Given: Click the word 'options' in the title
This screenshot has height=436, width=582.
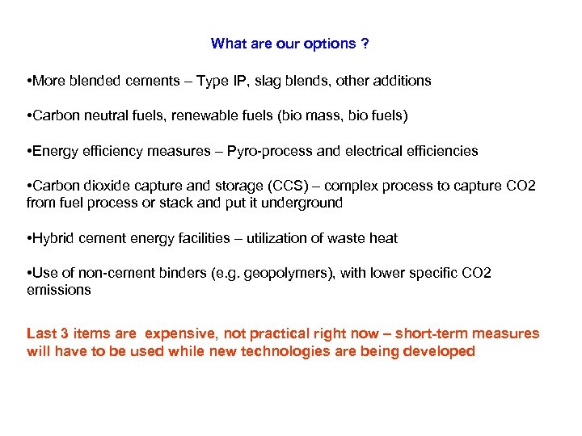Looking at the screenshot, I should [330, 44].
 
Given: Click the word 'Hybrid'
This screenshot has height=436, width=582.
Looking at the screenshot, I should [53, 238].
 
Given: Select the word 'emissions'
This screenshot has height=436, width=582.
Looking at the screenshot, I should [59, 290].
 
